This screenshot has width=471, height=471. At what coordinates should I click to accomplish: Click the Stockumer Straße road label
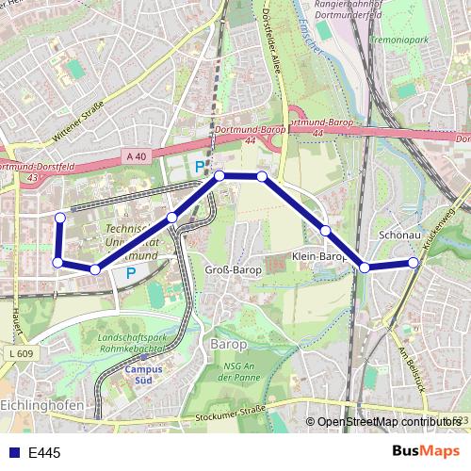pos(228,414)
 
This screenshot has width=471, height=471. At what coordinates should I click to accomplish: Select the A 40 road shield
pos(135,156)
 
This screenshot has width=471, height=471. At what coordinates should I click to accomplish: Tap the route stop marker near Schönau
pos(414,262)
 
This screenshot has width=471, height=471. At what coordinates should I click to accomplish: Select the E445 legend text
pos(44,453)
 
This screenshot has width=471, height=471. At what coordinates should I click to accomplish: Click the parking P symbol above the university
pos(199,168)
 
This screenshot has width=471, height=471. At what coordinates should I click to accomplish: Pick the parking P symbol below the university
pos(131,274)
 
